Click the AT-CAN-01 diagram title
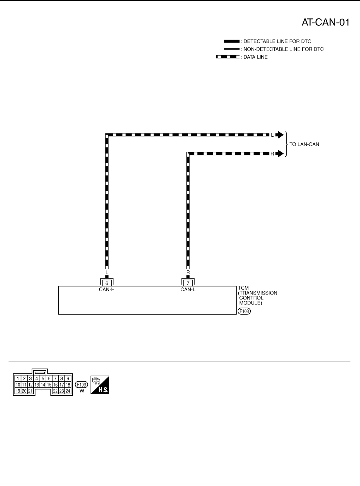point(325,22)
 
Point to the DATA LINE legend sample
point(227,57)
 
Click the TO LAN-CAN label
point(304,144)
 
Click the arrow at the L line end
point(279,135)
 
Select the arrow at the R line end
point(279,154)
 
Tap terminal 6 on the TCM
point(107,283)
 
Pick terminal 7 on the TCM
point(188,283)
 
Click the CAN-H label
point(107,289)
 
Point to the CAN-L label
point(188,289)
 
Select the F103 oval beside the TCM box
point(244,311)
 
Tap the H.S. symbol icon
point(100,385)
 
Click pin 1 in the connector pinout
point(18,378)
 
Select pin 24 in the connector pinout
point(68,391)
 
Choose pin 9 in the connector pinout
point(68,378)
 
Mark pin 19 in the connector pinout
point(18,391)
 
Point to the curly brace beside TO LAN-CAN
point(287,144)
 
